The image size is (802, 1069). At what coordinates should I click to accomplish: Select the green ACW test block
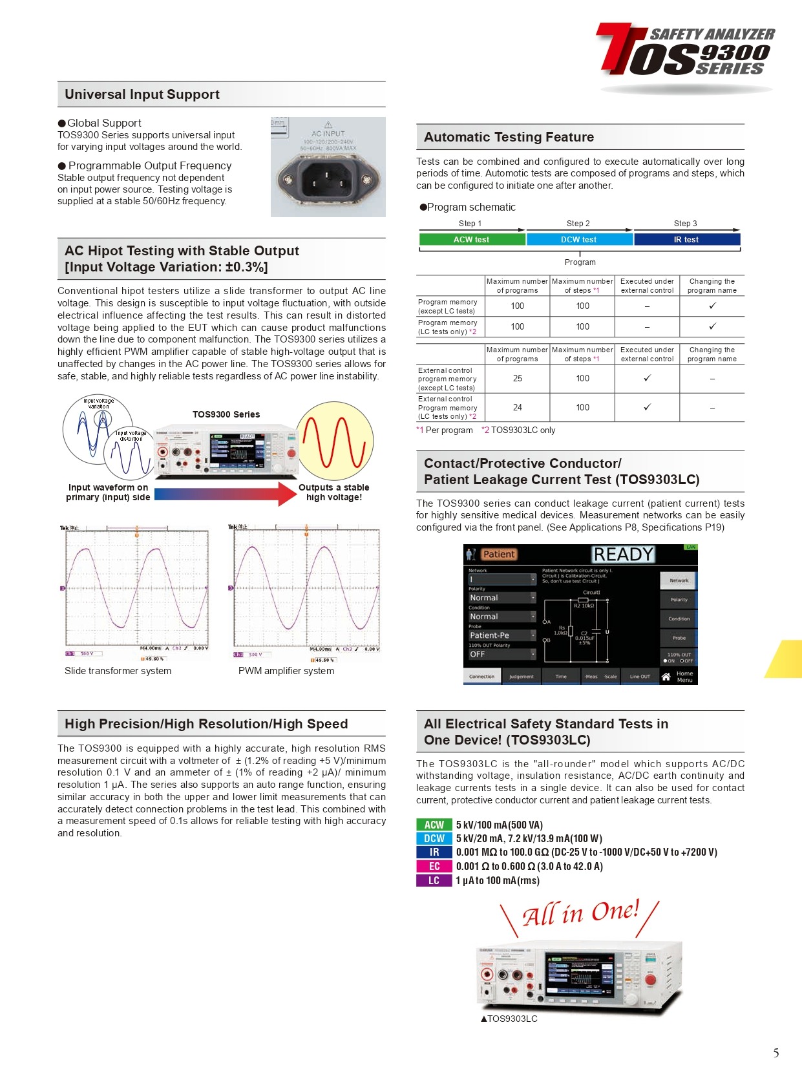(x=471, y=240)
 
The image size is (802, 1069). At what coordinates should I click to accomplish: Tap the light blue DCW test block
(x=579, y=240)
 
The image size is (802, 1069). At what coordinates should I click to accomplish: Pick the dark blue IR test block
(x=686, y=240)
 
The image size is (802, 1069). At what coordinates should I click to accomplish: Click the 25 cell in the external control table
(x=518, y=378)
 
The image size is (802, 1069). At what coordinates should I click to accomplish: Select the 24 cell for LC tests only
(x=518, y=407)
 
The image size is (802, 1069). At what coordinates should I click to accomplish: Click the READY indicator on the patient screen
(x=623, y=555)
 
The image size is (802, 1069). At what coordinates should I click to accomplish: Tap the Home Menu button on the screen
(x=679, y=677)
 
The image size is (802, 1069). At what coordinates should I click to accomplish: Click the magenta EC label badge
(x=434, y=867)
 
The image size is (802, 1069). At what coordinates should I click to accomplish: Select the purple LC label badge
(x=434, y=881)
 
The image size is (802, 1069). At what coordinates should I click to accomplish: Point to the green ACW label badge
(x=434, y=825)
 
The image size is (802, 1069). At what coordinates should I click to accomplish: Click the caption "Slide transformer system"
(x=118, y=671)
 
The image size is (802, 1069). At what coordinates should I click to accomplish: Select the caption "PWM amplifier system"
(x=286, y=671)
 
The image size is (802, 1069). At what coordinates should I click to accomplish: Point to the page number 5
(x=776, y=1053)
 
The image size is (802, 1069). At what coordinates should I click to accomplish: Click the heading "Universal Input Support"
(x=142, y=94)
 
